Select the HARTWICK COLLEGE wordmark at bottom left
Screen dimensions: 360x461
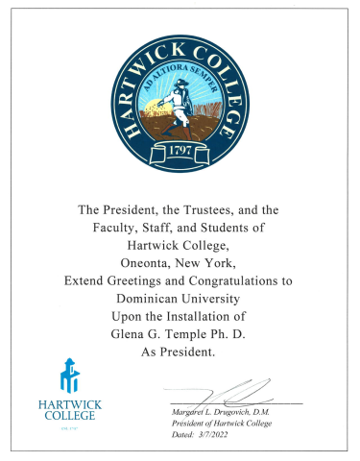click(x=70, y=410)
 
